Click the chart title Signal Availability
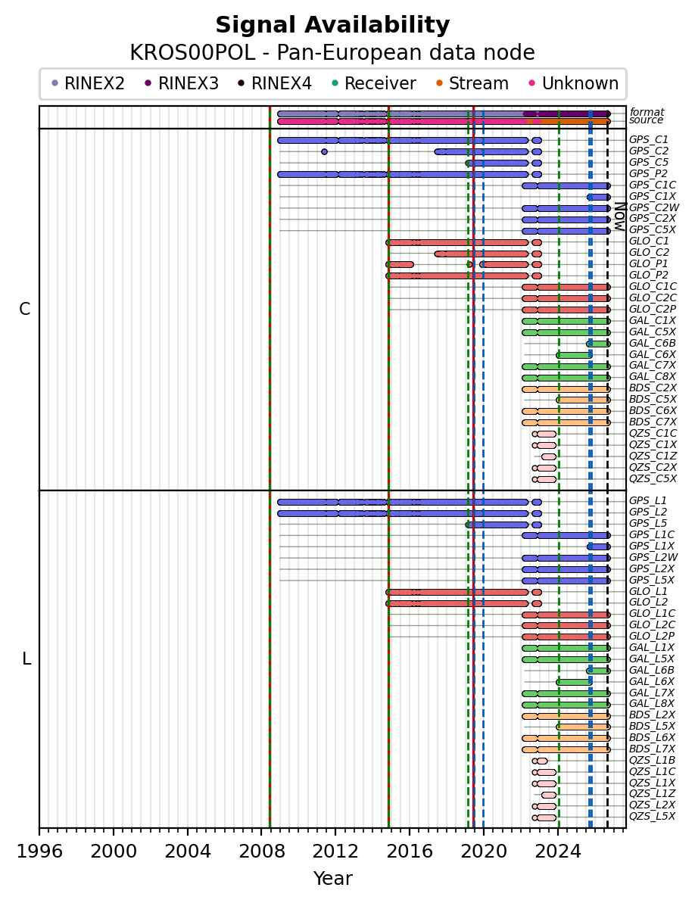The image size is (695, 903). [332, 25]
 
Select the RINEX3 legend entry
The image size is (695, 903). [182, 83]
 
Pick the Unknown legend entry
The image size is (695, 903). [574, 83]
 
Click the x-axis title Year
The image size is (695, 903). [332, 879]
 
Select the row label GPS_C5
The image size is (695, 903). [648, 163]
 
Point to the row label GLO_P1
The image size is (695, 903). [648, 264]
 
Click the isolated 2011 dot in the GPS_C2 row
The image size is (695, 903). [324, 151]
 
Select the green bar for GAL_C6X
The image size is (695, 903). [574, 355]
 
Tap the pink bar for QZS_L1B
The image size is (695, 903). [540, 761]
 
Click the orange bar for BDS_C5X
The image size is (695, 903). [583, 400]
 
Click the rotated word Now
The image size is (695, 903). [619, 216]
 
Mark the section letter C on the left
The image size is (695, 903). [24, 310]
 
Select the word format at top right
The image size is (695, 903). [647, 112]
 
